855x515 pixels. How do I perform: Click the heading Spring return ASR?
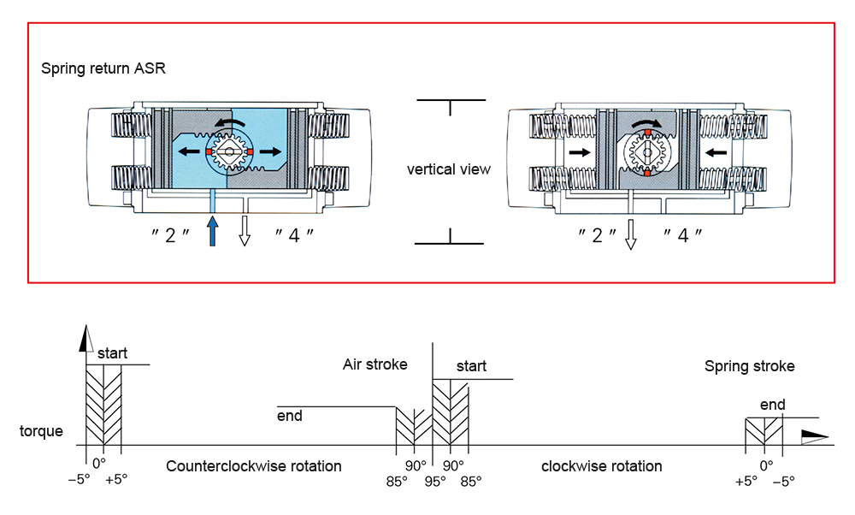103,68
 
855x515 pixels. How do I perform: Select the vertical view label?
449,169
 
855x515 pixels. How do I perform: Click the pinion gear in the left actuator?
228,154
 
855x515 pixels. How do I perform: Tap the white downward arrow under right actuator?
631,234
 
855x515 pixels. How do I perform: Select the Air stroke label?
375,364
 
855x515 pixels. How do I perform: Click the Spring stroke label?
749,366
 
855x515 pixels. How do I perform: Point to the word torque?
41,431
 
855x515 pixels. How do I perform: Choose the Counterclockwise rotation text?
254,466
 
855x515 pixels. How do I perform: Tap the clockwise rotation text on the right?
602,466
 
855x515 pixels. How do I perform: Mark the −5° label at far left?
80,480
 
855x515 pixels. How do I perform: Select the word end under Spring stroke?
772,405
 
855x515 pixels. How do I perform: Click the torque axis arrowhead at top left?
85,340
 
